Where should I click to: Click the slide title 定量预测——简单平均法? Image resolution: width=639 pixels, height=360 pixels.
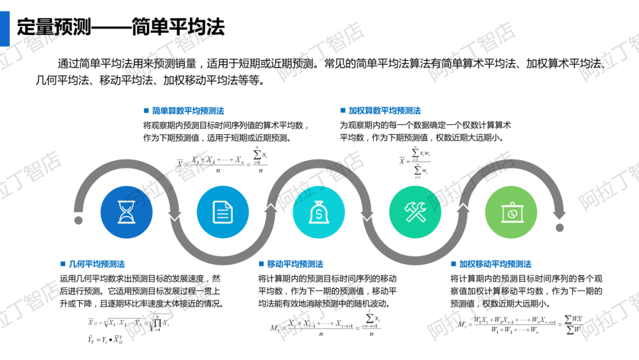point(121,27)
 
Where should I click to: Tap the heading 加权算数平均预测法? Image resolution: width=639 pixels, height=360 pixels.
point(385,111)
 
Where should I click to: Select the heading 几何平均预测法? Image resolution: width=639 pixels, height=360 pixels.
point(97,264)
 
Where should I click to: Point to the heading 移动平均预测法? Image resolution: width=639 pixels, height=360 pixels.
point(295,264)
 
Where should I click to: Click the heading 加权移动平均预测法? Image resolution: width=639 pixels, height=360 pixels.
point(495,264)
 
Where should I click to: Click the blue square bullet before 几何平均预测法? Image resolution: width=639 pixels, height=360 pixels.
point(63,264)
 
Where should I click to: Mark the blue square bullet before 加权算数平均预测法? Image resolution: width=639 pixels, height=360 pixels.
point(343,111)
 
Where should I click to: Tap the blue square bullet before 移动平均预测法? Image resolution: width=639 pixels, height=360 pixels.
point(261,264)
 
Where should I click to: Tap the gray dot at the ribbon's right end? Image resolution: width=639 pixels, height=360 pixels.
point(559,227)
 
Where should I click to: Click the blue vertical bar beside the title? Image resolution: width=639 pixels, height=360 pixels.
point(5,27)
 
